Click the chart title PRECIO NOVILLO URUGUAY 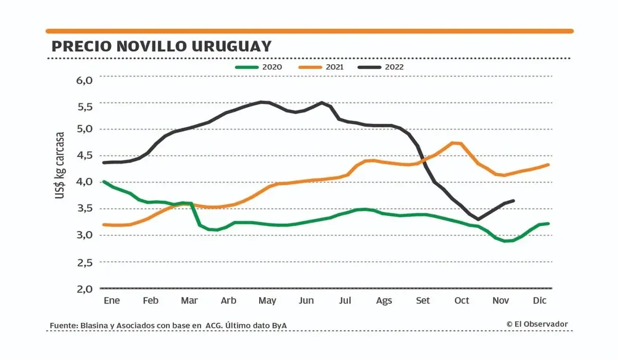pos(162,47)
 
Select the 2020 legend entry pos(266,67)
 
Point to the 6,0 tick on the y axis pos(84,80)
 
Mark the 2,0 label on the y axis pos(84,288)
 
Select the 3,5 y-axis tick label pos(84,209)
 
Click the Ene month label pos(111,301)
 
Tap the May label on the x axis pos(267,301)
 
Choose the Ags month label pos(384,301)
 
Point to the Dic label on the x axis pos(539,301)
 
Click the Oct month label pos(462,301)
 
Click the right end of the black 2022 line pos(514,201)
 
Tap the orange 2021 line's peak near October pos(455,143)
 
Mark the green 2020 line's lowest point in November pos(506,241)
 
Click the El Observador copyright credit pos(537,324)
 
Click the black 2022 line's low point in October pos(478,219)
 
